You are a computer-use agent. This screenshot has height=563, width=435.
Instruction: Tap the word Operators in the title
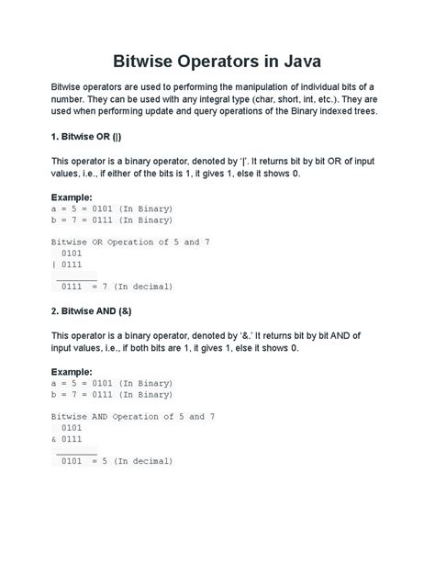(216, 62)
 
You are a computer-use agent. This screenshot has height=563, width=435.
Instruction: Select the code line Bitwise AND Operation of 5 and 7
(133, 416)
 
